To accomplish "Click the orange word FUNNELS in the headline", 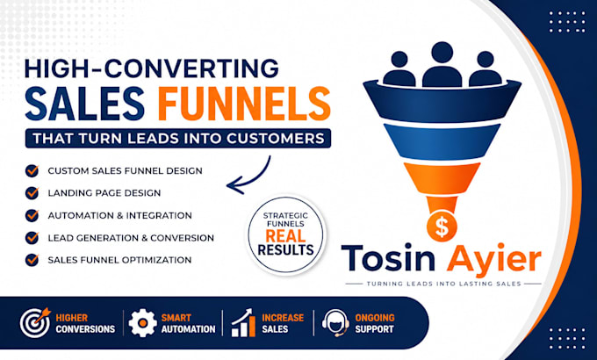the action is pos(244,104).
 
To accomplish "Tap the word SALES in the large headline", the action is pos(85,104).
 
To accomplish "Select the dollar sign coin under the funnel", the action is pos(442,227).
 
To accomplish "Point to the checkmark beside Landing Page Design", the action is pos(32,193).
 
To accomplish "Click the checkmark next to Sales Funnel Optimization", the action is pos(32,260).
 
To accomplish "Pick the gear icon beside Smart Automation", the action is pos(142,323).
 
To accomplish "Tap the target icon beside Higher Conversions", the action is pos(35,322).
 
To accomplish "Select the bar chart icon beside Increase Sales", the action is pos(244,322).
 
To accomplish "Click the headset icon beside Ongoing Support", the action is pos(335,323).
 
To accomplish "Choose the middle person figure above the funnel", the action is pos(442,64).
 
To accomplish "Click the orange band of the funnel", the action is pos(442,178).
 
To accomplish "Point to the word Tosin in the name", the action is pos(388,257).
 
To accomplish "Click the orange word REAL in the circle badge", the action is pos(285,236).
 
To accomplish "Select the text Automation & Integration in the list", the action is pos(120,215).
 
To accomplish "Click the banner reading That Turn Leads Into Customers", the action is pos(178,138).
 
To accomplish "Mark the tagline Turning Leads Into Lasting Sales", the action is pos(443,284).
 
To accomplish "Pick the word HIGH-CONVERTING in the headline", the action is pos(152,68).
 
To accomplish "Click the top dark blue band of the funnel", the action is pos(442,101).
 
